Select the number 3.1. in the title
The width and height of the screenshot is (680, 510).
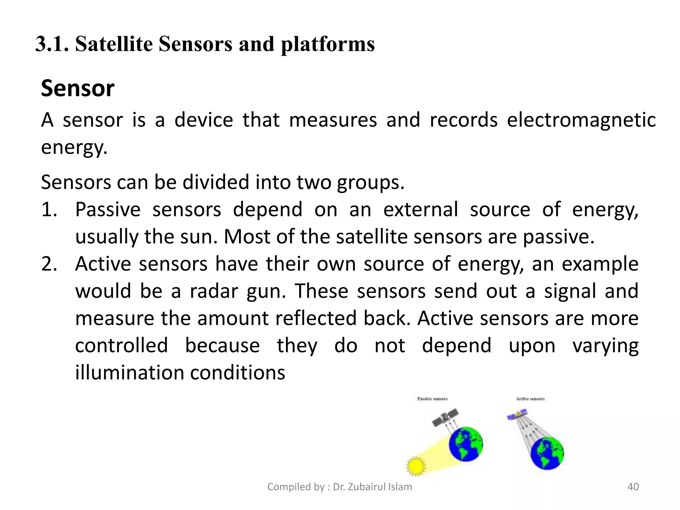point(52,44)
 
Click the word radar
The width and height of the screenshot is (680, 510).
point(213,291)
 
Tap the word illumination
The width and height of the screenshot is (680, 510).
point(129,373)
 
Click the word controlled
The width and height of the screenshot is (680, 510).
point(122,345)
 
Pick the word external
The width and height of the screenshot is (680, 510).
point(421,210)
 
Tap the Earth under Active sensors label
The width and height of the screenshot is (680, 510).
point(547,453)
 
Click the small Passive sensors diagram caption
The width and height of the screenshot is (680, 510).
point(432,398)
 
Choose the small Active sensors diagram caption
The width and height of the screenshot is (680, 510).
point(530,398)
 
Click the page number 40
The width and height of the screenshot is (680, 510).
point(633,487)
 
